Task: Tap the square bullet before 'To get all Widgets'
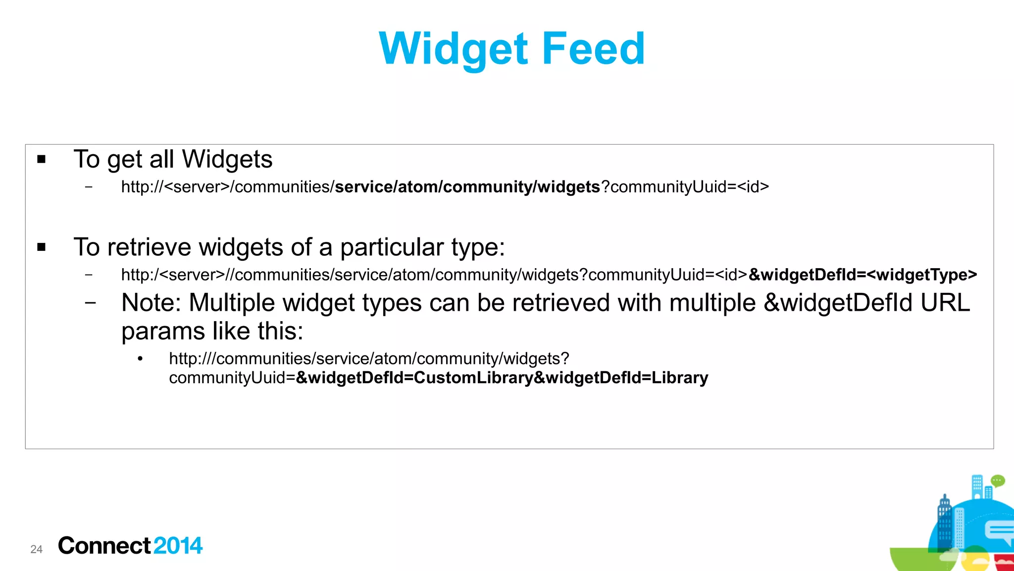pyautogui.click(x=42, y=159)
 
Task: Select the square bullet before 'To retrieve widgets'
pyautogui.click(x=42, y=247)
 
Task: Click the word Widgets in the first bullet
pyautogui.click(x=227, y=159)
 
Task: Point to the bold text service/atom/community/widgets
pyautogui.click(x=467, y=187)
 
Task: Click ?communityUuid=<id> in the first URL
pyautogui.click(x=685, y=187)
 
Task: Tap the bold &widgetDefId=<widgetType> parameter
pyautogui.click(x=862, y=275)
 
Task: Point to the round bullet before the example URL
pyautogui.click(x=141, y=359)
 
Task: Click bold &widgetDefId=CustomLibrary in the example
pyautogui.click(x=414, y=378)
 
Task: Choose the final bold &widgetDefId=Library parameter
pyautogui.click(x=621, y=378)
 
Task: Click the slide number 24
pyautogui.click(x=36, y=549)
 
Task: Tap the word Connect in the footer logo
pyautogui.click(x=104, y=546)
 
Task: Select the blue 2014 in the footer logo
pyautogui.click(x=178, y=546)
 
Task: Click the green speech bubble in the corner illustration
pyautogui.click(x=997, y=480)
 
